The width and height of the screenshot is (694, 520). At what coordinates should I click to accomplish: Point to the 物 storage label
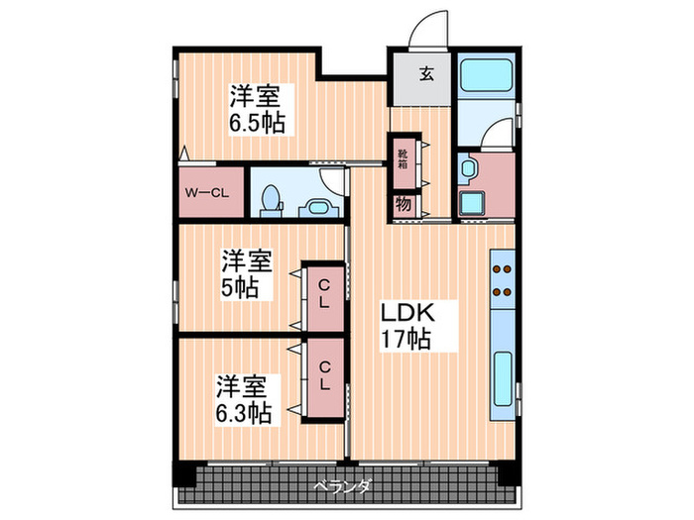point(404,205)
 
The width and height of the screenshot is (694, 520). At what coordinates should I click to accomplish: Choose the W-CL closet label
point(207,193)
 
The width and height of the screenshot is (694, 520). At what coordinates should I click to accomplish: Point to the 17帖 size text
point(406,340)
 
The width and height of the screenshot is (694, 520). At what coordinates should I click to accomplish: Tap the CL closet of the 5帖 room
point(325,297)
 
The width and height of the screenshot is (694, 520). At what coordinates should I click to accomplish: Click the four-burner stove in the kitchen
point(503,278)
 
